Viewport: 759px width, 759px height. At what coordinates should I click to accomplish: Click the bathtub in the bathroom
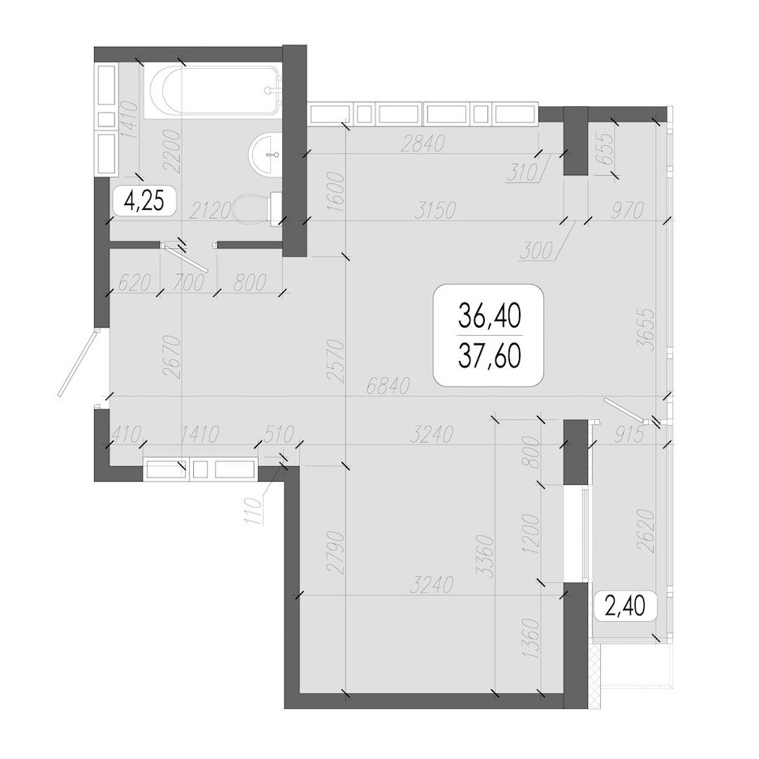(x=213, y=91)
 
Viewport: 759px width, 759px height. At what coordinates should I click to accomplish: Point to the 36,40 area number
(x=490, y=316)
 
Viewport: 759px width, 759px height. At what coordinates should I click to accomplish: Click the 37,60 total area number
(x=490, y=356)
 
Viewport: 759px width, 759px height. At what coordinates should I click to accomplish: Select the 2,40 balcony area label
(x=624, y=606)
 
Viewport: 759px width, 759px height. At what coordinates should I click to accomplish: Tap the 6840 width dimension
(x=388, y=386)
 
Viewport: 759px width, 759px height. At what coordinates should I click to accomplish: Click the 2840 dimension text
(x=422, y=144)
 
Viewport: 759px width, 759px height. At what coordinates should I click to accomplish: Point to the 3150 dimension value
(x=435, y=211)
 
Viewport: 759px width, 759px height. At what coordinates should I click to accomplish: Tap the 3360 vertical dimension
(x=485, y=556)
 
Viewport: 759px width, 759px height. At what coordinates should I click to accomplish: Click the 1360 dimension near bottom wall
(x=531, y=638)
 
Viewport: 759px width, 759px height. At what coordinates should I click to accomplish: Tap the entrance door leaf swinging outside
(x=78, y=362)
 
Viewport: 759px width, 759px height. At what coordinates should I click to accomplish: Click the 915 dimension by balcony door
(x=629, y=435)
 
